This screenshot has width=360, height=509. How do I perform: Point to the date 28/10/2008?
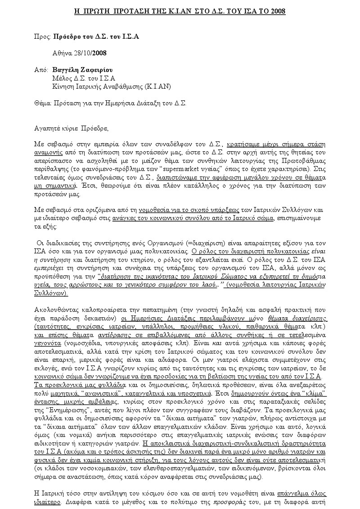[x=92, y=53]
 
